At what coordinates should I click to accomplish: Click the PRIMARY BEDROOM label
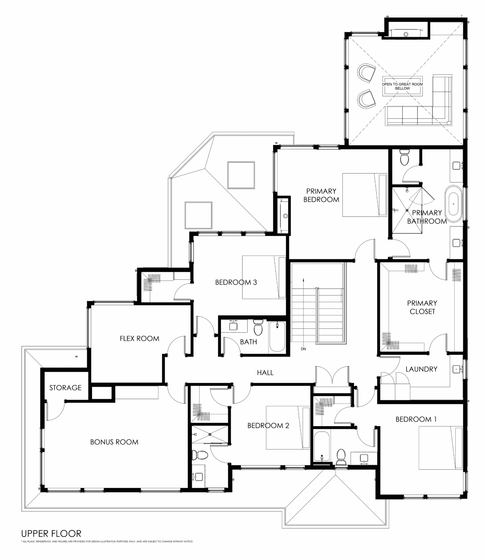coord(321,195)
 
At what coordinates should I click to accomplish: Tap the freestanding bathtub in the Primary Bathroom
coord(454,204)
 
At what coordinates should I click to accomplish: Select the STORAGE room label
coord(65,387)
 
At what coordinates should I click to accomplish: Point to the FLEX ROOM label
coord(139,339)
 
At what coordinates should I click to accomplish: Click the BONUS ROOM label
coord(114,442)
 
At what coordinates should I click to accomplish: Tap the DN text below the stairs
coord(303,349)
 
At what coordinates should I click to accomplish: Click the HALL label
coord(265,372)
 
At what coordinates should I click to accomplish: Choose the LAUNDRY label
coord(421,369)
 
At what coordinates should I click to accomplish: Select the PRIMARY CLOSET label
coord(422,307)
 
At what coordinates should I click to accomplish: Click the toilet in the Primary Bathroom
coord(404,157)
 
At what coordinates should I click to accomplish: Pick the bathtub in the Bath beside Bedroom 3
coord(277,337)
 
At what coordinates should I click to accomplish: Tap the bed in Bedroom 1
coord(441,448)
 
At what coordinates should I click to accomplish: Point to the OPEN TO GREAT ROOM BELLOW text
coord(402,86)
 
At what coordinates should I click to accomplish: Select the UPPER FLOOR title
coord(51,533)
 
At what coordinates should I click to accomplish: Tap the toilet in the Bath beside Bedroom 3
coord(258,327)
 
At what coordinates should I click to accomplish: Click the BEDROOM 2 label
coord(268,425)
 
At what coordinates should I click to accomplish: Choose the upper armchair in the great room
coord(366,73)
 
